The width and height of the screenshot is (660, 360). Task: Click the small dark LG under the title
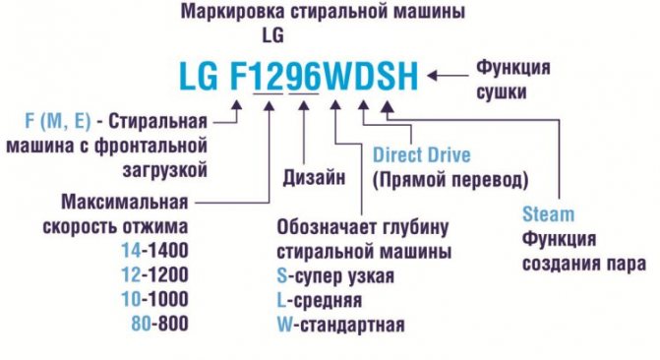(272, 35)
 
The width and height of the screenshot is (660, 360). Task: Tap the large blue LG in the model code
(201, 75)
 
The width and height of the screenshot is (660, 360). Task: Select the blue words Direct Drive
(421, 155)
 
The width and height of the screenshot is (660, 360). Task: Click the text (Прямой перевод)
(450, 180)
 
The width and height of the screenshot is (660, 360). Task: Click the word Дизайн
(314, 178)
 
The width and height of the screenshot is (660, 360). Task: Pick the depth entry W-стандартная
(341, 323)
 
